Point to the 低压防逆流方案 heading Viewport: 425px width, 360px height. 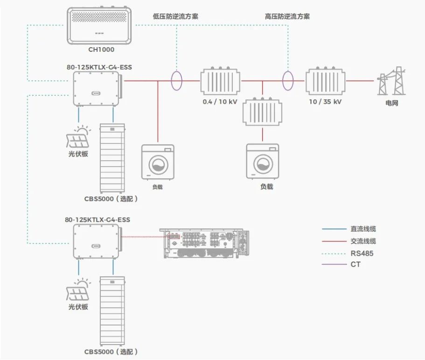[x=175, y=16]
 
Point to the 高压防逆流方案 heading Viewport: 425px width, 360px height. [x=287, y=16]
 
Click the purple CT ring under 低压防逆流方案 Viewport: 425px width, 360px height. [x=176, y=80]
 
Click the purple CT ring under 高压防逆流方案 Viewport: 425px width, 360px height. [x=288, y=80]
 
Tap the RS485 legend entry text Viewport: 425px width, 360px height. [x=362, y=254]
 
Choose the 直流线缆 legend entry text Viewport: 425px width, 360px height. [x=363, y=229]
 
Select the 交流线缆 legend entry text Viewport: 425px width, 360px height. [x=363, y=241]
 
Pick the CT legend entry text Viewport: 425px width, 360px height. [x=355, y=265]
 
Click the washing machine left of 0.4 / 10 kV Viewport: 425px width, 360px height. [x=158, y=162]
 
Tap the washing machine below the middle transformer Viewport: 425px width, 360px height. [x=263, y=162]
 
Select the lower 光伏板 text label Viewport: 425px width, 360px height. [x=78, y=307]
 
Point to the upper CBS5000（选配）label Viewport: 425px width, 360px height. [x=111, y=198]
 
